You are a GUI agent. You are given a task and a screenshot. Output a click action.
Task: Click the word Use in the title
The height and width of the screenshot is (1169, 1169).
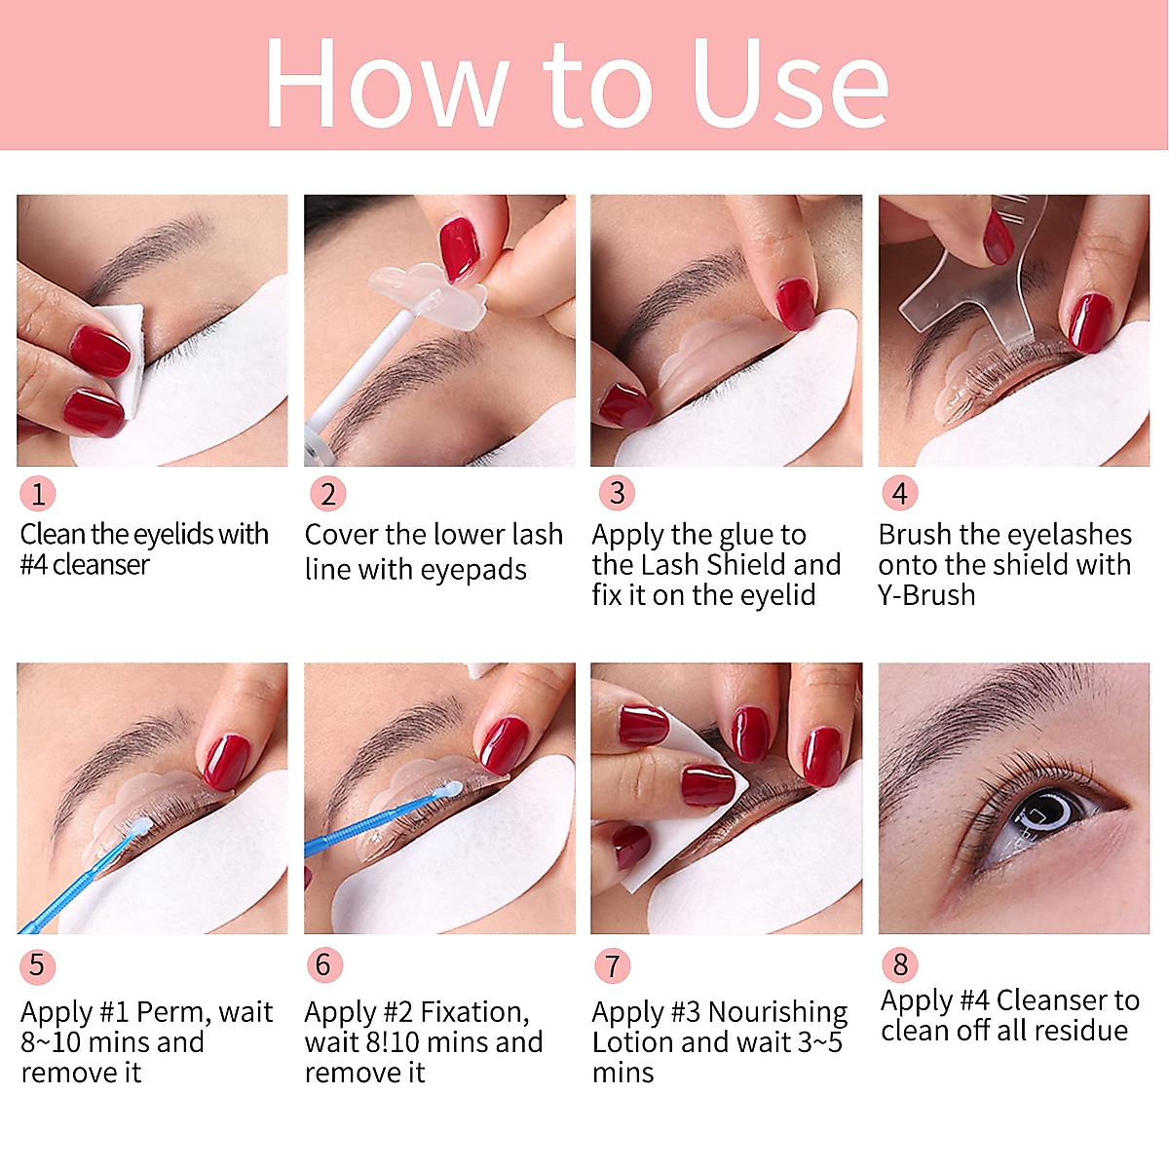pos(790,84)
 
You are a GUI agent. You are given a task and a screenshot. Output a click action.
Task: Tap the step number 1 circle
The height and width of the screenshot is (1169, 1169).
pos(38,494)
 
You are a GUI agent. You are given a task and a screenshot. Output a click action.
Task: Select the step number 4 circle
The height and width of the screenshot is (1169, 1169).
pos(899,494)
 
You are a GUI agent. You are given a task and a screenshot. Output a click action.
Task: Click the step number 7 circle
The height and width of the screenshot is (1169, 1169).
pos(612,965)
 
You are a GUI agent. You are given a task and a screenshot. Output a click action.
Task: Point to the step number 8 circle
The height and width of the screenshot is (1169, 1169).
pos(899,964)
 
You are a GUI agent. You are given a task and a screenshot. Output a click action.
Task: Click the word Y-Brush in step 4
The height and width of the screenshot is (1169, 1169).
pos(926,595)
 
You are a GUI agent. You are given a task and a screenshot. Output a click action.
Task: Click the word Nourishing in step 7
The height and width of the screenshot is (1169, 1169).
pos(778,1013)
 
